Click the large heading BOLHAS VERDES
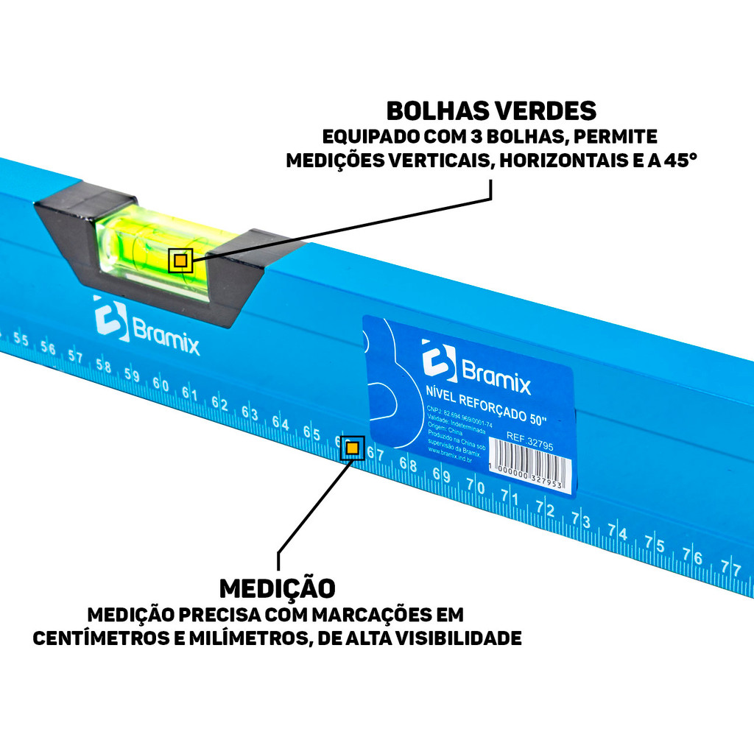pyautogui.click(x=491, y=110)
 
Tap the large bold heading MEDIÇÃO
pyautogui.click(x=278, y=588)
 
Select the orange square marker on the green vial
pyautogui.click(x=180, y=261)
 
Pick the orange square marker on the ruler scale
pyautogui.click(x=353, y=447)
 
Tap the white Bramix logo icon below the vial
pyautogui.click(x=110, y=318)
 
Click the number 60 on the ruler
pyautogui.click(x=161, y=385)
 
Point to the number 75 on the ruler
pyautogui.click(x=655, y=545)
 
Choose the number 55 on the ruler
pyautogui.click(x=21, y=339)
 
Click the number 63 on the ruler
pyautogui.click(x=250, y=413)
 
